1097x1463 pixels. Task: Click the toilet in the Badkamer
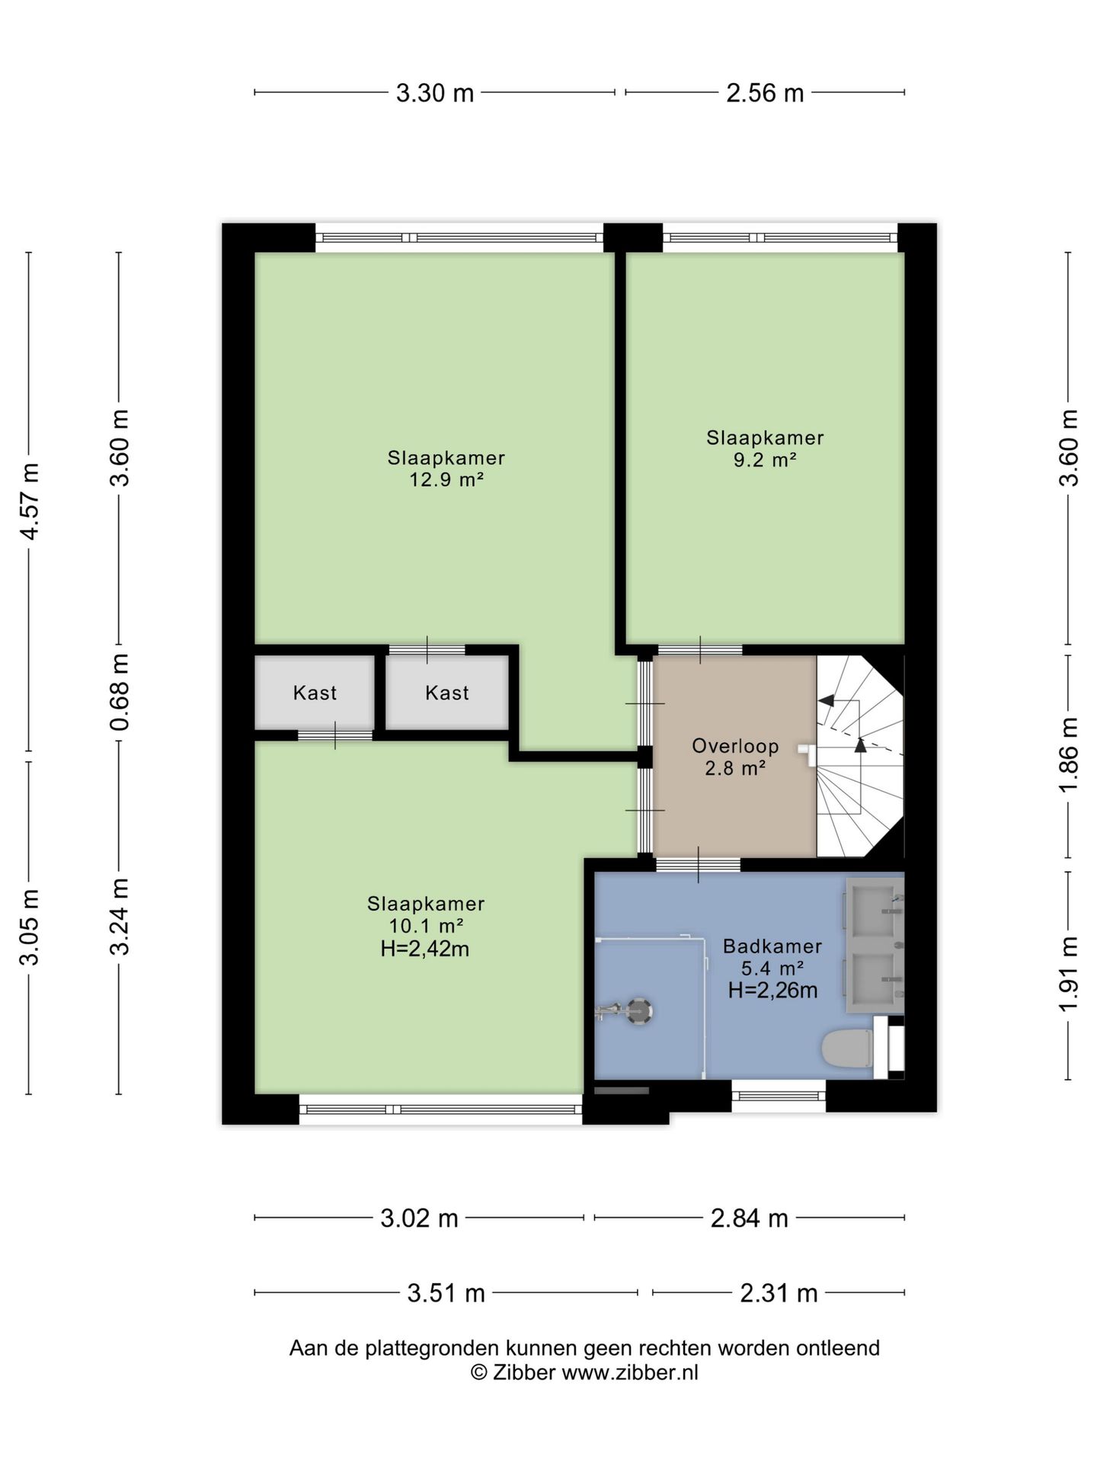pos(848,1049)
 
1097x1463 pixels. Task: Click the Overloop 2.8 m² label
pos(735,757)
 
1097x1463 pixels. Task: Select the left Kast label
pos(315,693)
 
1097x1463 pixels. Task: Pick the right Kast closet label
pos(447,693)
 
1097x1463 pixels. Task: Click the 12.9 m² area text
pos(447,480)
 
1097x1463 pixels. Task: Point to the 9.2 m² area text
pos(765,459)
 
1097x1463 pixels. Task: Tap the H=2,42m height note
pos(425,949)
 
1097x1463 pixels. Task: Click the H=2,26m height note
pos(773,991)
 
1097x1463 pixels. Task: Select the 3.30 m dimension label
pos(435,93)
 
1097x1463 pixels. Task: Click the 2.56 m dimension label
pos(765,93)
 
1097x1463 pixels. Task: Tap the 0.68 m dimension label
pos(119,692)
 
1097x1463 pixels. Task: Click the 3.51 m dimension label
pos(446,1293)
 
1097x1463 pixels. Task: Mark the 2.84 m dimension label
pos(749,1218)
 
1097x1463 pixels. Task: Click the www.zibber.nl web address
pos(630,1373)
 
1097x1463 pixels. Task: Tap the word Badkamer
pos(772,946)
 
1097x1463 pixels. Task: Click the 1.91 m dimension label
pos(1069,975)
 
